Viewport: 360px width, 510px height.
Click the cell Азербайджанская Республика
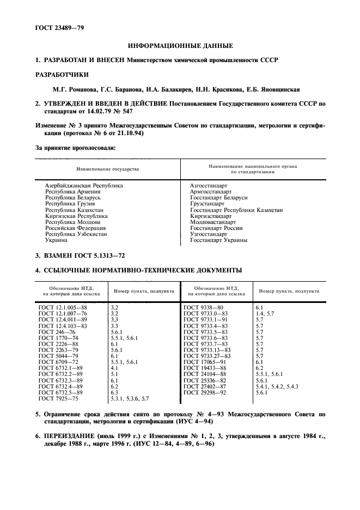[x=84, y=185]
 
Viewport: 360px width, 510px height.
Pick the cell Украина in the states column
[x=57, y=240]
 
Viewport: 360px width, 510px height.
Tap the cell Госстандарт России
[x=216, y=228]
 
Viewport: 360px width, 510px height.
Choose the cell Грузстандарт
[x=208, y=203]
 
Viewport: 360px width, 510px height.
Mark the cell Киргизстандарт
[x=211, y=216]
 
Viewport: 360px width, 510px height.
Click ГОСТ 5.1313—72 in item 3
[x=103, y=255]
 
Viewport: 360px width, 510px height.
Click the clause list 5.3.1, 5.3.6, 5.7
[x=130, y=399]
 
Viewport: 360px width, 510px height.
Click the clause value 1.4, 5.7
[x=265, y=314]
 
